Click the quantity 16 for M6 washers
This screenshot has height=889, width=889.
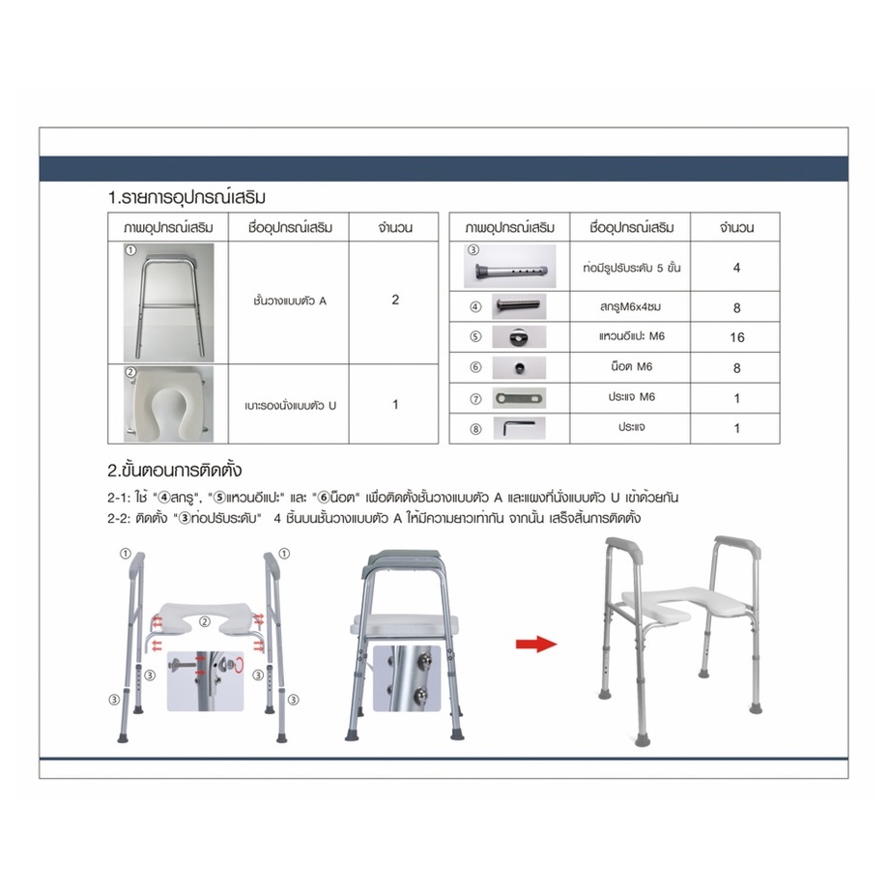[736, 337]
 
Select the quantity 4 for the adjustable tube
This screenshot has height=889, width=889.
[736, 268]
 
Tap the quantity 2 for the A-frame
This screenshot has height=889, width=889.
[395, 300]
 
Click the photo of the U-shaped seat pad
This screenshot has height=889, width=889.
[168, 404]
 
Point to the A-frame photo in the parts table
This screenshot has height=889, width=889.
[168, 302]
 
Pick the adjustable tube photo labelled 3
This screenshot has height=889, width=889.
[509, 267]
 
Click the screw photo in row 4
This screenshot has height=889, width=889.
[519, 306]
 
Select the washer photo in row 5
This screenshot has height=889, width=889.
[519, 337]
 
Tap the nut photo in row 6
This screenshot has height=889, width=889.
[519, 367]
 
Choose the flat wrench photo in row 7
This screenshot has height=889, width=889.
[519, 398]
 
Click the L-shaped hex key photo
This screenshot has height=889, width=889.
[519, 428]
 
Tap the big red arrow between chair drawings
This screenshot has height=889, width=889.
[536, 645]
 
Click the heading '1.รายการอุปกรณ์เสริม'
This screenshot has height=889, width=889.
[186, 197]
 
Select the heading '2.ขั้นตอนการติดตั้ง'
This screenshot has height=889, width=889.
[175, 470]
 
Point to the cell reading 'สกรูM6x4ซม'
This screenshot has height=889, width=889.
[630, 306]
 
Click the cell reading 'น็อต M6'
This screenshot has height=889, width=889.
[631, 367]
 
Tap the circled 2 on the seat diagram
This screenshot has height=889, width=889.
[205, 622]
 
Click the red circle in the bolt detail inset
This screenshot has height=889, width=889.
[239, 664]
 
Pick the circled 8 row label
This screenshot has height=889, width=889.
[475, 429]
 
